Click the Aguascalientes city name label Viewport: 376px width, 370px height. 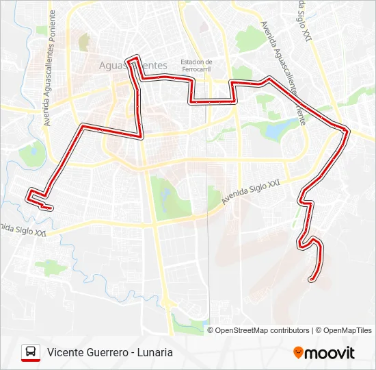[133, 65]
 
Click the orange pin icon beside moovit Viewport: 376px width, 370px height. [298, 352]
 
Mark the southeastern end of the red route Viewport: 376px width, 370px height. [312, 279]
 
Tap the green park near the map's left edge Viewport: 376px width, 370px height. [31, 155]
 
